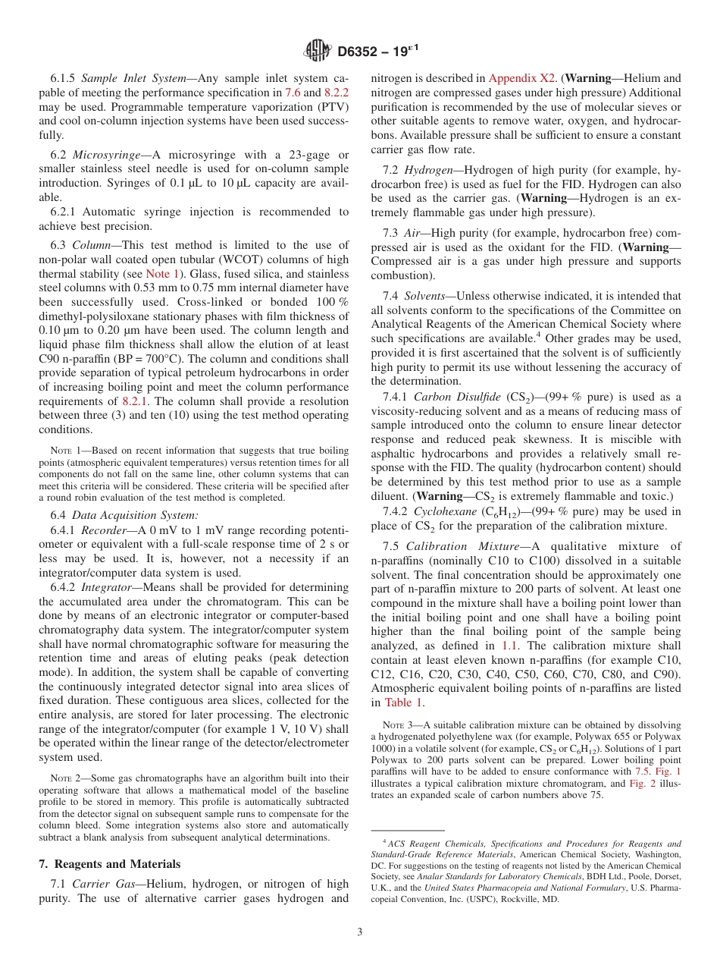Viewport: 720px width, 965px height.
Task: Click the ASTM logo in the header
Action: pyautogui.click(x=318, y=51)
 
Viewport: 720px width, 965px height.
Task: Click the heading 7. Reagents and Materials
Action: pyautogui.click(x=109, y=864)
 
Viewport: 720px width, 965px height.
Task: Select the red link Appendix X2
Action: pyautogui.click(x=522, y=77)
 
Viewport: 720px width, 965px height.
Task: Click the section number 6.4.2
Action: pyautogui.click(x=64, y=587)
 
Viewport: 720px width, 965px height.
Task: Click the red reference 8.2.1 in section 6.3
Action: pyautogui.click(x=135, y=401)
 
